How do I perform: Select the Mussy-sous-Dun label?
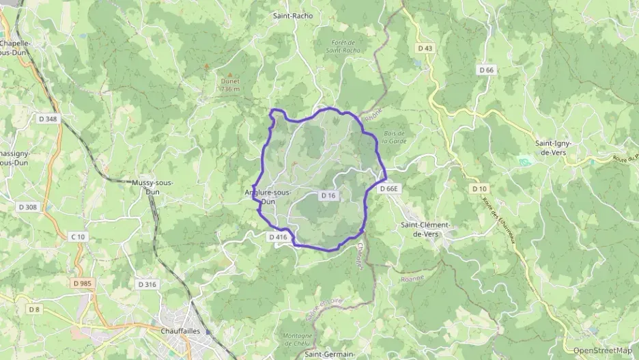153,187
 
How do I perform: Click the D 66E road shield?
388,189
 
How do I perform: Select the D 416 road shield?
277,237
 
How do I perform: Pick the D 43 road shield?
425,49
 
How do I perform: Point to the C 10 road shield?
78,236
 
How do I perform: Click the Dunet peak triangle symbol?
229,75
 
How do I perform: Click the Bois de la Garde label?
394,137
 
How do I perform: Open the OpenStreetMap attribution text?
603,350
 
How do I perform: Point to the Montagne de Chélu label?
297,340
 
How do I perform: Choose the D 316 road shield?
147,284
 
